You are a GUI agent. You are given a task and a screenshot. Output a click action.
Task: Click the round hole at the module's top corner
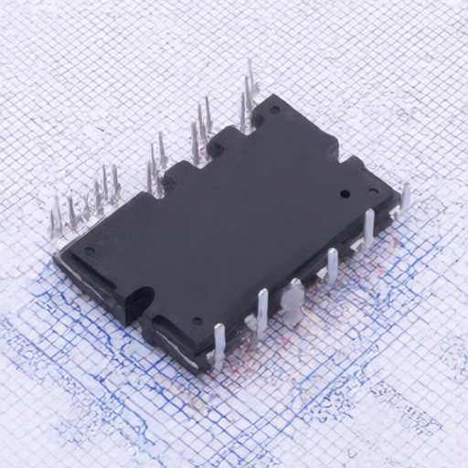tap(275, 112)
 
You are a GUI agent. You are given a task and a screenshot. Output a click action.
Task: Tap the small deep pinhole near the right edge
tap(345, 194)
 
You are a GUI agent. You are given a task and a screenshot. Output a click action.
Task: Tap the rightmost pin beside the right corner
tap(404, 194)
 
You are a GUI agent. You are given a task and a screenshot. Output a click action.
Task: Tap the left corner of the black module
tap(55, 256)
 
